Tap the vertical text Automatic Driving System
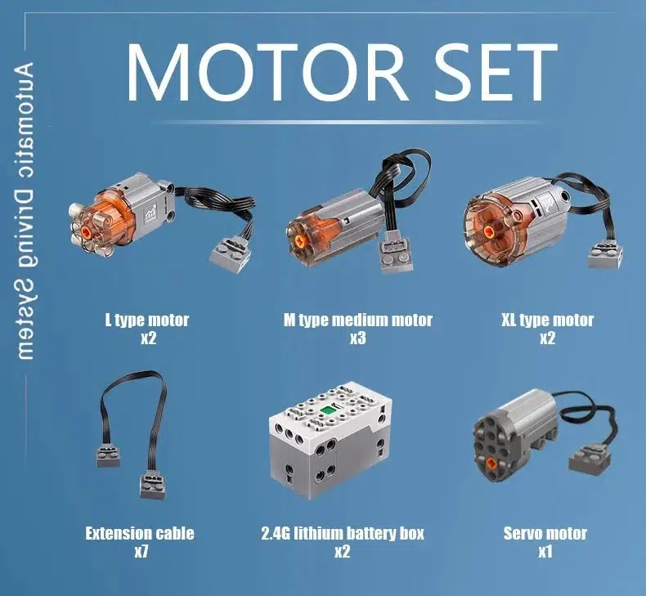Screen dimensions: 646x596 click(x=25, y=211)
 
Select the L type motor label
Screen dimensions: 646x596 click(x=147, y=320)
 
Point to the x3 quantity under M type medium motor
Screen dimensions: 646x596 click(x=358, y=338)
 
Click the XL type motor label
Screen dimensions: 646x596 click(x=547, y=320)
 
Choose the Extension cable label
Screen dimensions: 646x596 click(x=140, y=533)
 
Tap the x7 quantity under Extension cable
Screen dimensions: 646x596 click(x=141, y=552)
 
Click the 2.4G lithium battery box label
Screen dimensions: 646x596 click(x=343, y=533)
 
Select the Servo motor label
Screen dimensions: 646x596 click(x=545, y=533)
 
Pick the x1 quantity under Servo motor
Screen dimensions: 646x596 click(x=545, y=552)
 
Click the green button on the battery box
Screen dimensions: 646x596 click(x=328, y=410)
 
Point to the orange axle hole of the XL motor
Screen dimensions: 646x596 click(x=489, y=231)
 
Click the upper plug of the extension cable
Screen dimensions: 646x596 click(x=109, y=455)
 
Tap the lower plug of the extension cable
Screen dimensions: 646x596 click(x=153, y=486)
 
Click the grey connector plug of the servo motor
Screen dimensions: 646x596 click(x=588, y=459)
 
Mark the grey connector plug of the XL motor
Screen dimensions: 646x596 click(x=605, y=254)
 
